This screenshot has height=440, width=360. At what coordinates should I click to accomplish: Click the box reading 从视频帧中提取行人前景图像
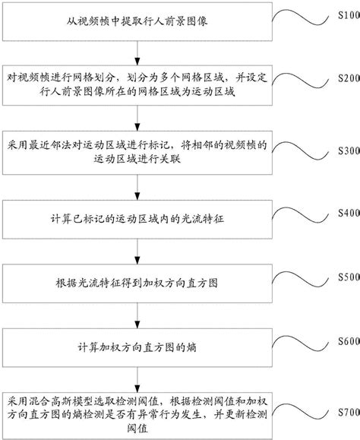pos(137,22)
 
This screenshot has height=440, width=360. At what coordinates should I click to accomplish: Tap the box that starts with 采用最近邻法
pos(137,152)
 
